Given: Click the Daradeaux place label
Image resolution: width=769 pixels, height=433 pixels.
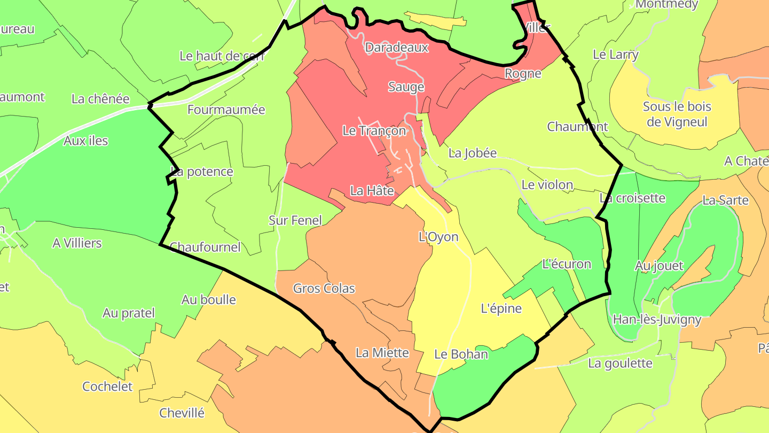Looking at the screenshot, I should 396,48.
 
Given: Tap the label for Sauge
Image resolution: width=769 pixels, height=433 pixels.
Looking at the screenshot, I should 406,87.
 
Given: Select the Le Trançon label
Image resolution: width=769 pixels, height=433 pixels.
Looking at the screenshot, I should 374,130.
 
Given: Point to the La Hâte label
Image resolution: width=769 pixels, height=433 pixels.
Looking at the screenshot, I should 372,190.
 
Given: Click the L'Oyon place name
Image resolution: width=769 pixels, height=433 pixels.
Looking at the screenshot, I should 438,237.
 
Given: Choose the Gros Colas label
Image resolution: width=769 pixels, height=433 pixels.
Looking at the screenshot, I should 324,289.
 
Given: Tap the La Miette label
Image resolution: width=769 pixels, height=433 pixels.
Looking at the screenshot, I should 382,353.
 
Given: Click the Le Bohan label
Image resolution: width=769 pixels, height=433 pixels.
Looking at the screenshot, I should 461,354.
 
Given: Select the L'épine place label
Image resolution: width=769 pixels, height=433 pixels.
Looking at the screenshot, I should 501,308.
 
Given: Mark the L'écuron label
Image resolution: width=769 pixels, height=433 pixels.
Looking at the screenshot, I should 567,264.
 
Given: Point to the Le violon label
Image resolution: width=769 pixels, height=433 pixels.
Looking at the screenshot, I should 547,185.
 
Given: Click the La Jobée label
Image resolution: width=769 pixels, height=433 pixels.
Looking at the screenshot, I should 472,153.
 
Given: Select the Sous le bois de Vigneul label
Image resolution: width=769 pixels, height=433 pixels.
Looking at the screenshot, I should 677,114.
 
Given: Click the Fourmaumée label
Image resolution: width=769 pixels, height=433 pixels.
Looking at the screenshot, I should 226,110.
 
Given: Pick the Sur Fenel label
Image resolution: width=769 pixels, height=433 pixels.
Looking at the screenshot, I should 295,220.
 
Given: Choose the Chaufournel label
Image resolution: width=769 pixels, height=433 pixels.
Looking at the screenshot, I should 205,248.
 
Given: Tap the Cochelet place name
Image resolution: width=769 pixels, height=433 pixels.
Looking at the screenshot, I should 107,386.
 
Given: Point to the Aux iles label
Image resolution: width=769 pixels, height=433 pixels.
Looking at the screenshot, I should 85,141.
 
